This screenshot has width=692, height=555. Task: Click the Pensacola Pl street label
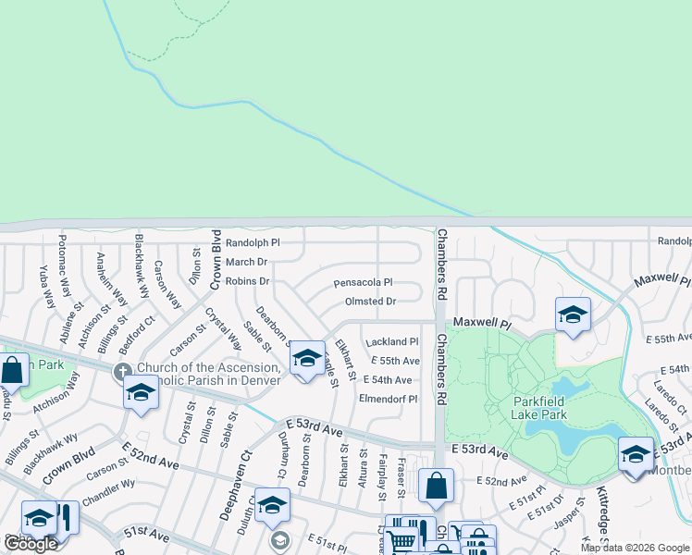(x=363, y=282)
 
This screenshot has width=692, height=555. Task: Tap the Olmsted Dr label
(x=370, y=302)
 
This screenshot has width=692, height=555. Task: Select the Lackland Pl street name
(x=393, y=341)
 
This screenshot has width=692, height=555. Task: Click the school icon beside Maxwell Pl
(x=573, y=314)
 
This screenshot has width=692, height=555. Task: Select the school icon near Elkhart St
(x=306, y=358)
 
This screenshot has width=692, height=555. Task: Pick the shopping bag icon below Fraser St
(x=436, y=484)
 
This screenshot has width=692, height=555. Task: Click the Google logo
(x=31, y=543)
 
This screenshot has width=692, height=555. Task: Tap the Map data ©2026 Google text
(x=635, y=548)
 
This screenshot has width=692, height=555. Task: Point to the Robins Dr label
(x=247, y=281)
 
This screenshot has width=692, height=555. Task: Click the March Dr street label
(x=246, y=263)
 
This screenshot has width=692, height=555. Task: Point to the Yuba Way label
(x=46, y=287)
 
